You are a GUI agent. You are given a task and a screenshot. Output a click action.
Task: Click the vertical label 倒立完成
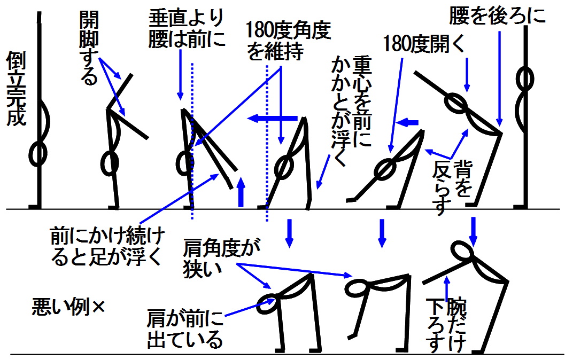16,89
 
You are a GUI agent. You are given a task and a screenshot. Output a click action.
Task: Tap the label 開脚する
89,47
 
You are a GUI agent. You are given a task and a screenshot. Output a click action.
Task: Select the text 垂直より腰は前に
187,29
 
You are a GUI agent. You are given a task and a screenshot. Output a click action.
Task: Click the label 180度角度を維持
288,40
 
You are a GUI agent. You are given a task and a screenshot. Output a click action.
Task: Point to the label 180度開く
424,44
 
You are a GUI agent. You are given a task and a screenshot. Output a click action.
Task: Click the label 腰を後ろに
497,16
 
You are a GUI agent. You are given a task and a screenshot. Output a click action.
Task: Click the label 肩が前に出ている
185,329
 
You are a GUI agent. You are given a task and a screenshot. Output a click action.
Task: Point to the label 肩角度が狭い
221,258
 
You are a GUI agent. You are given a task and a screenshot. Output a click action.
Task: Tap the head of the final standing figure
525,79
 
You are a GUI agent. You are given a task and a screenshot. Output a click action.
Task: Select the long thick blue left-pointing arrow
273,118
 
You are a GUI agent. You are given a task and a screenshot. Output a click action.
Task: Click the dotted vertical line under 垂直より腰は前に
192,141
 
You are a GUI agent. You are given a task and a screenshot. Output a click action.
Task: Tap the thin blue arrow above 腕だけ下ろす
446,288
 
